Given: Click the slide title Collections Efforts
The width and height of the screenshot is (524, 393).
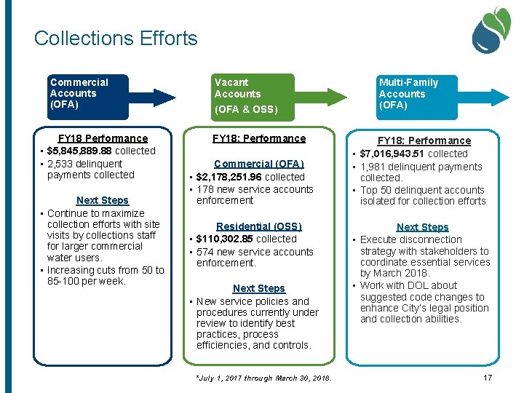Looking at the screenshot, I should [116, 38].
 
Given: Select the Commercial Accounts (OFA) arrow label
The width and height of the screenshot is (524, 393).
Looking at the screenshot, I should [79, 93].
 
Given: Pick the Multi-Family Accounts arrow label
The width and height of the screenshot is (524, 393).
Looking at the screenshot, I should [408, 93].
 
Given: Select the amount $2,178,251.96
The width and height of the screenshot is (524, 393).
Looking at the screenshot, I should [230, 177].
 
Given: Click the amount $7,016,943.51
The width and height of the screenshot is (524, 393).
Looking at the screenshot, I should [394, 154].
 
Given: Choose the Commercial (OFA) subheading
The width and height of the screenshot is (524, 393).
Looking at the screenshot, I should [258, 164].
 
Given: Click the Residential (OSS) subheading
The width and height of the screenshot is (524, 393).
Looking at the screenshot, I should [258, 226].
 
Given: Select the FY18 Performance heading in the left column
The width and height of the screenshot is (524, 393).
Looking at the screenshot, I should [103, 138].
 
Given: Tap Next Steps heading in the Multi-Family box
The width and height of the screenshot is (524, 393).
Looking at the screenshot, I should [422, 227].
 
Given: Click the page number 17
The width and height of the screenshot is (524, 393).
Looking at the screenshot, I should [487, 378].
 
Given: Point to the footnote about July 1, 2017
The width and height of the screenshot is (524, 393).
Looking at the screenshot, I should [263, 378].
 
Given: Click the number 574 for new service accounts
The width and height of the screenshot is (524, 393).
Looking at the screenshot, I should [205, 252].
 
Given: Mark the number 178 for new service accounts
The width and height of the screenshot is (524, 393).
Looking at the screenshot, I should [205, 189].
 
